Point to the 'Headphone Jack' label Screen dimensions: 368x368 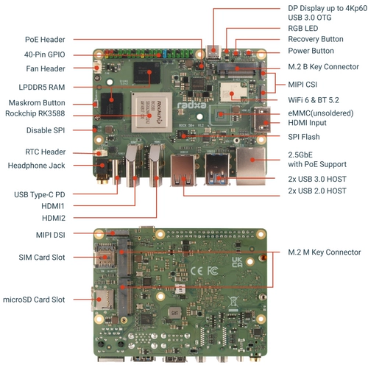[x=37, y=166]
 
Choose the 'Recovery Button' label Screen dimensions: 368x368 [x=315, y=38]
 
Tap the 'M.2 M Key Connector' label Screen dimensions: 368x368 [x=324, y=252]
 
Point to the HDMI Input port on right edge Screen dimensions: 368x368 [x=262, y=119]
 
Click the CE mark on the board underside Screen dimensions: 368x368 [x=197, y=271]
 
